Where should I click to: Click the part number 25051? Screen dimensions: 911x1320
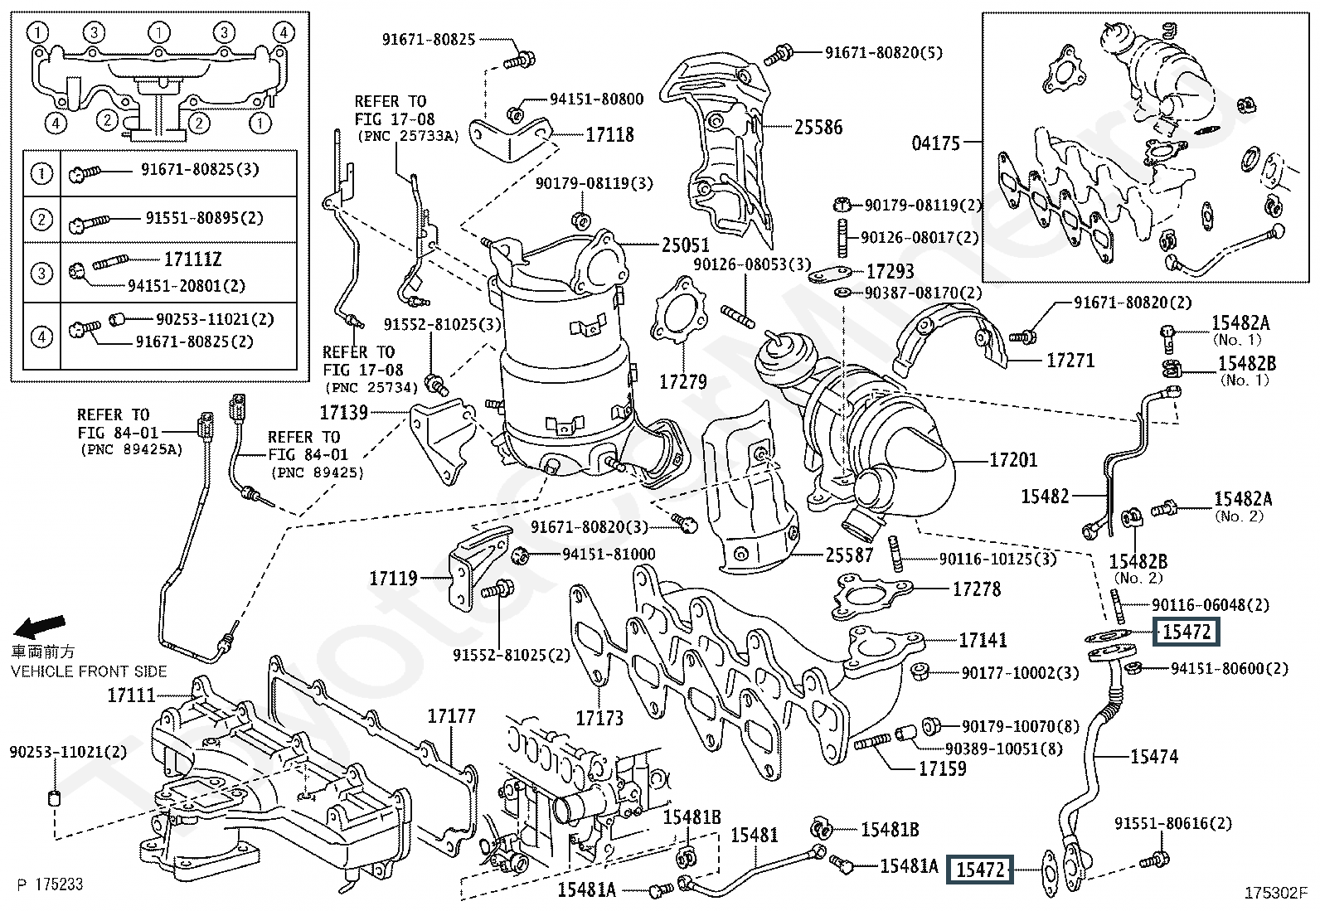point(686,245)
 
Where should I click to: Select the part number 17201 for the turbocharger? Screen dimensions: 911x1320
point(1013,459)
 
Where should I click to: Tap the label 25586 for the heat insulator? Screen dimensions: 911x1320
point(818,127)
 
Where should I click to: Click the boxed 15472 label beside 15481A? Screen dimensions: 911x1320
point(980,870)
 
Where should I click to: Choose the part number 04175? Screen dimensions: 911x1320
point(935,143)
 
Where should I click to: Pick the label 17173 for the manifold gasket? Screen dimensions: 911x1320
point(599,718)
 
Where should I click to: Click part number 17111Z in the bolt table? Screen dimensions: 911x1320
point(192,259)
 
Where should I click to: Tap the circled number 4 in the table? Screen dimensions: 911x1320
point(41,337)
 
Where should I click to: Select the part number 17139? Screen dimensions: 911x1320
point(344,411)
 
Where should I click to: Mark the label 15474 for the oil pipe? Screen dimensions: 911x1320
point(1153,756)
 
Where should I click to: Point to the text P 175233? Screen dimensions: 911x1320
point(50,884)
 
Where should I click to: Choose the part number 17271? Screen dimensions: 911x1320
point(1070,361)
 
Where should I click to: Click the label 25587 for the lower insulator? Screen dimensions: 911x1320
point(849,555)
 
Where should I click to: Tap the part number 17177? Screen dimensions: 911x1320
point(451,715)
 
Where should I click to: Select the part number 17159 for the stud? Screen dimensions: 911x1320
point(942,768)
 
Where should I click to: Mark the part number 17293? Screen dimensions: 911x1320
point(890,271)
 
